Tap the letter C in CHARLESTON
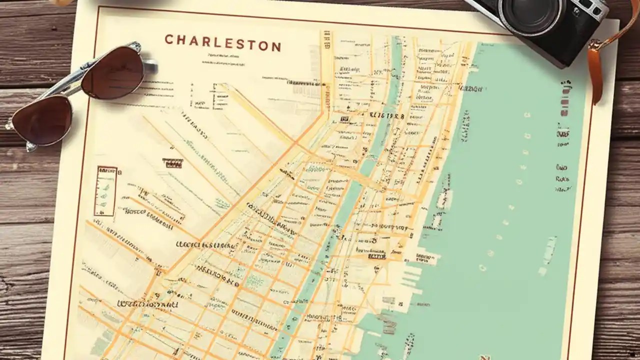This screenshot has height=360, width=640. [x=169, y=39]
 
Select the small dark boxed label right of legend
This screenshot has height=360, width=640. [x=172, y=163]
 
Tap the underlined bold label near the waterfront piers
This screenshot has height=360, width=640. [x=377, y=256]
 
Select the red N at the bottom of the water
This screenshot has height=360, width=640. [x=483, y=356]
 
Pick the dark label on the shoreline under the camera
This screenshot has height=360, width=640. [x=471, y=89]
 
